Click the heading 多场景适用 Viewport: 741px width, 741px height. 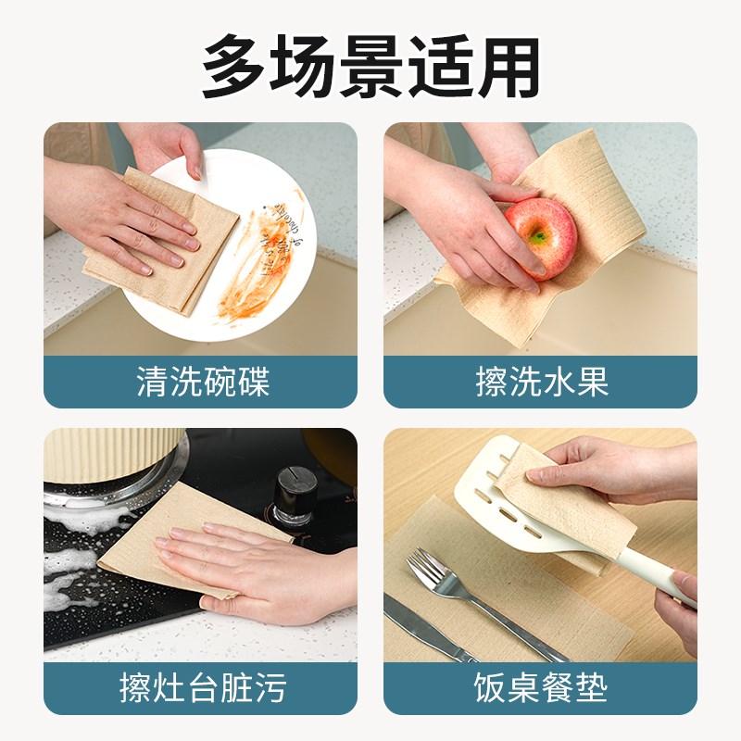point(370,66)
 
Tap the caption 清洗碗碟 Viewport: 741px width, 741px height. point(200,382)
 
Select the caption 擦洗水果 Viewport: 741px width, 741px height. point(541,382)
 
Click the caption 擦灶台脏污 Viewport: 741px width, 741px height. point(200,687)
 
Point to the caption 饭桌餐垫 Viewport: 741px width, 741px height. point(541,687)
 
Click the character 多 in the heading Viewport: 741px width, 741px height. point(234,66)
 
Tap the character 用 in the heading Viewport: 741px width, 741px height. point(508,66)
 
